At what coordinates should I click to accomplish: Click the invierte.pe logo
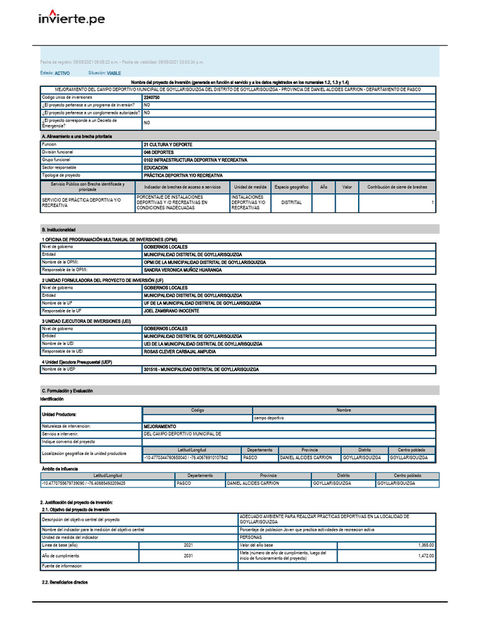(x=72, y=19)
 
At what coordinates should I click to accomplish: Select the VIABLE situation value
(x=114, y=73)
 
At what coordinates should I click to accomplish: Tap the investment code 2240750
(x=152, y=98)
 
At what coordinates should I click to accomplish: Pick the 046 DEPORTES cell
(x=159, y=152)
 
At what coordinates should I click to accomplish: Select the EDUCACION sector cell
(x=156, y=168)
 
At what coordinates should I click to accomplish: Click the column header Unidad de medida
(x=251, y=187)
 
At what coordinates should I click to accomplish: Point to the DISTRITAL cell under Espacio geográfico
(x=291, y=202)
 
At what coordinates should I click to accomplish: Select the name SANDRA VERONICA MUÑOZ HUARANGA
(x=182, y=271)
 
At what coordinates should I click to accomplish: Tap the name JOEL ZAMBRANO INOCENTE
(x=171, y=311)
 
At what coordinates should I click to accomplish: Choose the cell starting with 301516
(x=201, y=369)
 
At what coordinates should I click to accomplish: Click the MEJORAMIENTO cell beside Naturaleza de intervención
(x=160, y=426)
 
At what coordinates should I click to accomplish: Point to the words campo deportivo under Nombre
(x=268, y=418)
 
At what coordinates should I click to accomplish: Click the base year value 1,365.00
(x=426, y=546)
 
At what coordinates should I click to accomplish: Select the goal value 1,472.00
(x=426, y=556)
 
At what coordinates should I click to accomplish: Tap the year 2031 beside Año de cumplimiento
(x=188, y=556)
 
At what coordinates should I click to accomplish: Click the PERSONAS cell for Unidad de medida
(x=251, y=537)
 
